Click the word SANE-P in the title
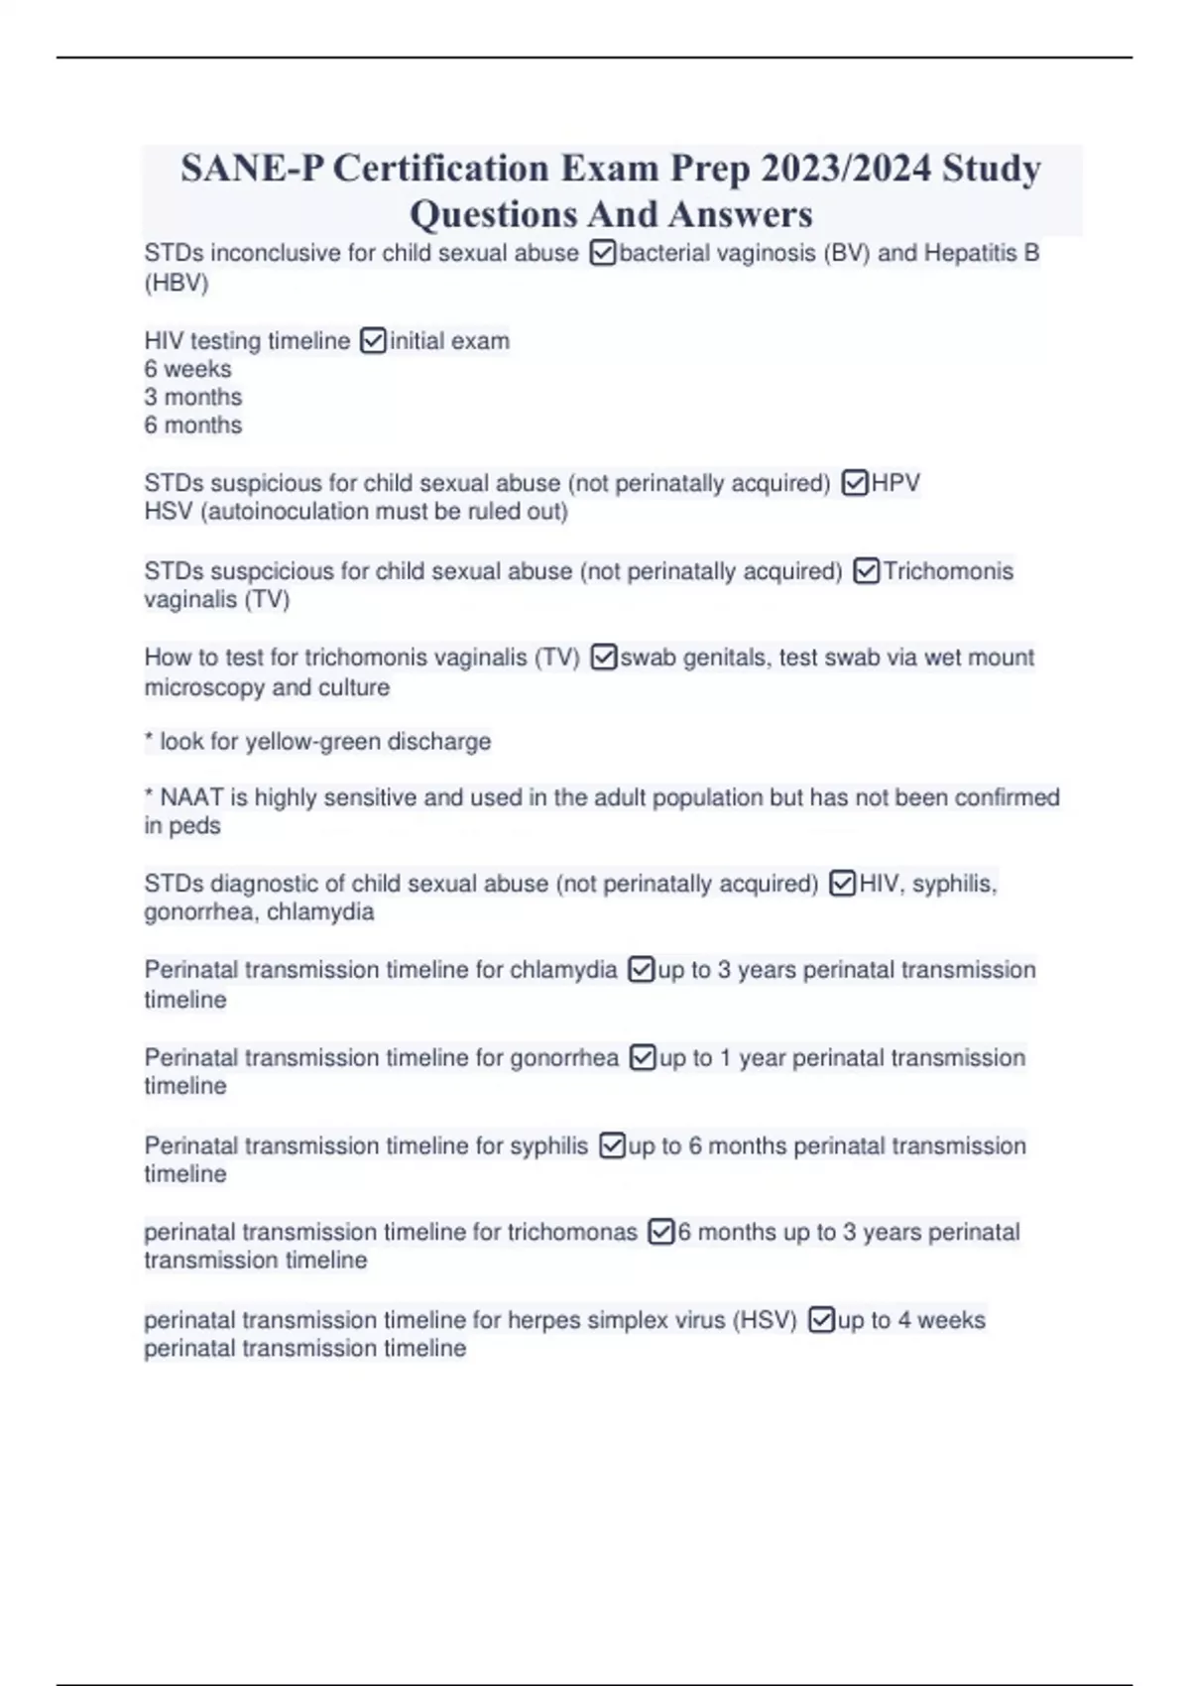[252, 169]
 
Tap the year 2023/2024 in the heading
[846, 169]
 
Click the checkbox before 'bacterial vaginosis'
[603, 254]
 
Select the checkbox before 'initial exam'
[373, 341]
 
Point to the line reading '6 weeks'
[187, 369]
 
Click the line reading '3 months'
[192, 397]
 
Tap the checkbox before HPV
[855, 483]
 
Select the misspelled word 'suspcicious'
[273, 571]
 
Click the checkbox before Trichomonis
[867, 571]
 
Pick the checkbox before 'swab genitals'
[604, 658]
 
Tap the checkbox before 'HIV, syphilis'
[842, 884]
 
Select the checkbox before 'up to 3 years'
[642, 970]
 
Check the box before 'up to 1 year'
[643, 1058]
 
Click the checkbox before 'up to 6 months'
[613, 1146]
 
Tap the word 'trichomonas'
[572, 1232]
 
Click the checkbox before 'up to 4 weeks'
[821, 1320]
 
